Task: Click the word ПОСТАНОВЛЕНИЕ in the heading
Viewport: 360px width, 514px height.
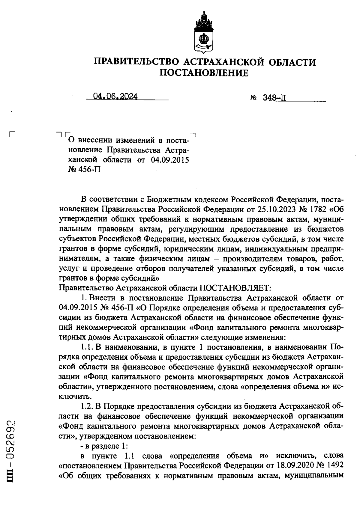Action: pyautogui.click(x=204, y=73)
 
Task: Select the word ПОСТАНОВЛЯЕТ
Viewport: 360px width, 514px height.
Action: pyautogui.click(x=235, y=288)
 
